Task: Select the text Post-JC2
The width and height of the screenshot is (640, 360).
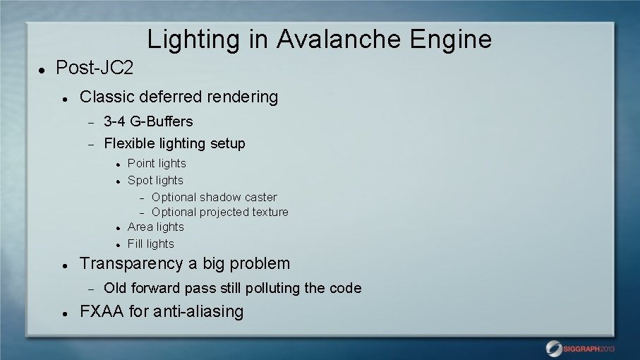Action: tap(94, 68)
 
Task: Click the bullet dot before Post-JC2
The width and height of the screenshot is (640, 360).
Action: tap(42, 70)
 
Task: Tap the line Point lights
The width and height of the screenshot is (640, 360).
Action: tap(157, 164)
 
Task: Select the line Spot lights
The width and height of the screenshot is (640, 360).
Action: tap(155, 181)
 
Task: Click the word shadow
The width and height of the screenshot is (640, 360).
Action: tap(221, 197)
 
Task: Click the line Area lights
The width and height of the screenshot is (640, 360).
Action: tap(155, 227)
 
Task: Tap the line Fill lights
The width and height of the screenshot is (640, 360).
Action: tap(150, 244)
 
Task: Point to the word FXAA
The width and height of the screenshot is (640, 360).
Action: tap(102, 311)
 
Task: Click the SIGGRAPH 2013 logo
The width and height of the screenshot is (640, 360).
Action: tap(580, 347)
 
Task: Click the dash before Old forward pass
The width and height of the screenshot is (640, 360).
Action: tap(90, 289)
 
